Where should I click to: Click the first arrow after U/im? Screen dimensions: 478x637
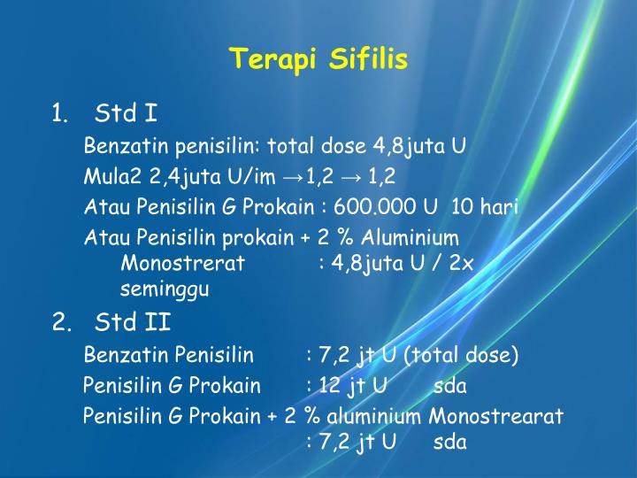coord(296,175)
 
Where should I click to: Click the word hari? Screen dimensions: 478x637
coord(500,207)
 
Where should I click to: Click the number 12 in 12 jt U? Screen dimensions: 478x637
coord(331,386)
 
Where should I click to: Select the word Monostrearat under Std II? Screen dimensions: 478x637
coord(496,416)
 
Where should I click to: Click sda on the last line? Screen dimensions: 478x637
coord(449,443)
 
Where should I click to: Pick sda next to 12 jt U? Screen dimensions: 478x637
coord(450,386)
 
